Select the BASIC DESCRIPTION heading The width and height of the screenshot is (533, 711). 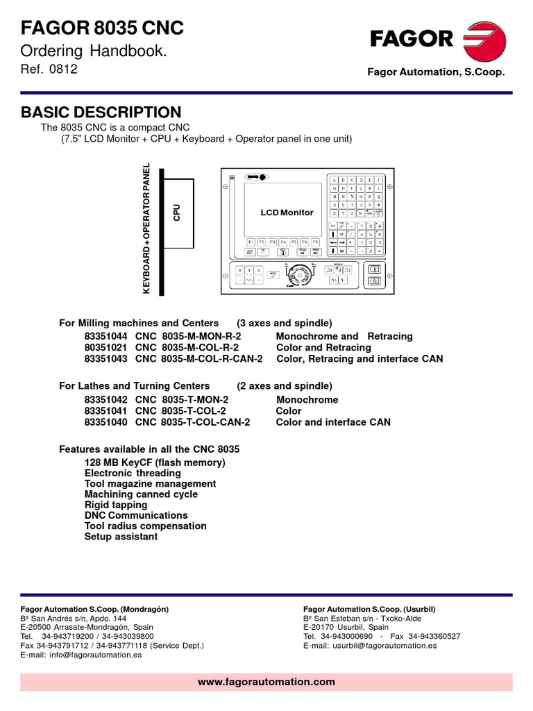pos(101,112)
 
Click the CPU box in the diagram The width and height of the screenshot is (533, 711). pos(178,211)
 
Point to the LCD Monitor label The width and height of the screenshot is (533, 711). pos(287,212)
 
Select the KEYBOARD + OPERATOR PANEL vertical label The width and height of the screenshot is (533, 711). pos(146,228)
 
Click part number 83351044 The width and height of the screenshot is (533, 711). pos(107,336)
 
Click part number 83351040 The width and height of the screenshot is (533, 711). pos(107,422)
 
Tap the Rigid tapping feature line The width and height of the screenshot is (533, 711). pos(116,505)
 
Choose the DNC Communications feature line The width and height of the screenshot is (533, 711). pos(136,515)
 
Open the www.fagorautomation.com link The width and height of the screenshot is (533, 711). pos(266,682)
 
